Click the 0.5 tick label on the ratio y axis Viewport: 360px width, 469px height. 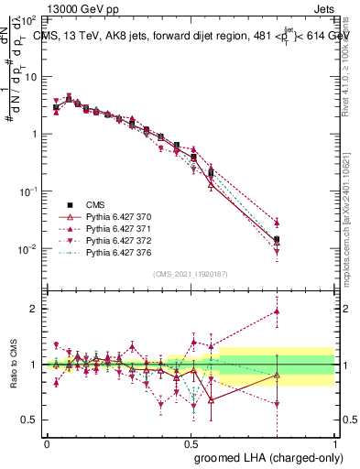coord(29,420)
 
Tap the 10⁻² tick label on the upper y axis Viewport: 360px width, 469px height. coord(28,249)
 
